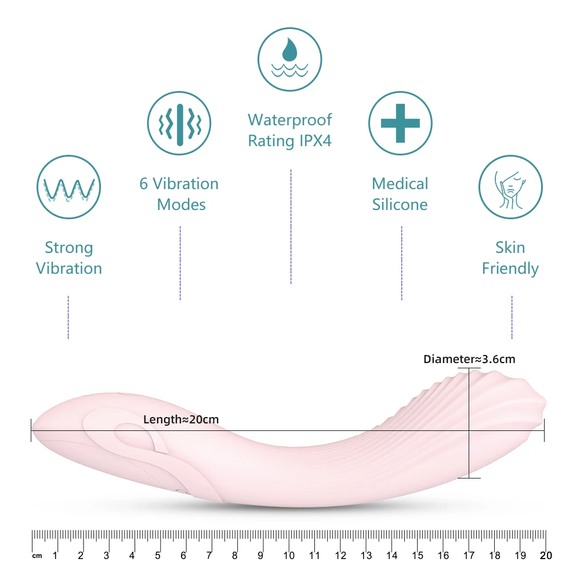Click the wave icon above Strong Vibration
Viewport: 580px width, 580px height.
(69, 187)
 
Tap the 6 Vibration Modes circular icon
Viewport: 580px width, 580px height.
(179, 124)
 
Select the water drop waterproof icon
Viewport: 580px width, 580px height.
(289, 60)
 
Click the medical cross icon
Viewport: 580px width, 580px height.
(400, 124)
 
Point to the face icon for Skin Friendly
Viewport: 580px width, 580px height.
(510, 187)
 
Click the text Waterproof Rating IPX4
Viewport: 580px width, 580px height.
(289, 130)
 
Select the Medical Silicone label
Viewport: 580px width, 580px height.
(400, 194)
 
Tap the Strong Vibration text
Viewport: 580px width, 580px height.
(69, 258)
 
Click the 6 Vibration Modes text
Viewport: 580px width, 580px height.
(179, 194)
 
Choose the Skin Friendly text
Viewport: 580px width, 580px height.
(510, 258)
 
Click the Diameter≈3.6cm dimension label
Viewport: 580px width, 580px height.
(469, 360)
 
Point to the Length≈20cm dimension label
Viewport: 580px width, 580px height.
(181, 419)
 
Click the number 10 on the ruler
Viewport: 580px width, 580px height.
(289, 556)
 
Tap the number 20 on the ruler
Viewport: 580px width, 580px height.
(545, 556)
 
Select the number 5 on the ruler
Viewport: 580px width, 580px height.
(158, 556)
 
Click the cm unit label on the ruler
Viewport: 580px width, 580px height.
(37, 556)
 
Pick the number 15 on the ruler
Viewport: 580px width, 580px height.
(417, 556)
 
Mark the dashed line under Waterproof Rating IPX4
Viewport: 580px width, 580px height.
(291, 226)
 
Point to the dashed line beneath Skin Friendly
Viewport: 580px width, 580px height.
(512, 317)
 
